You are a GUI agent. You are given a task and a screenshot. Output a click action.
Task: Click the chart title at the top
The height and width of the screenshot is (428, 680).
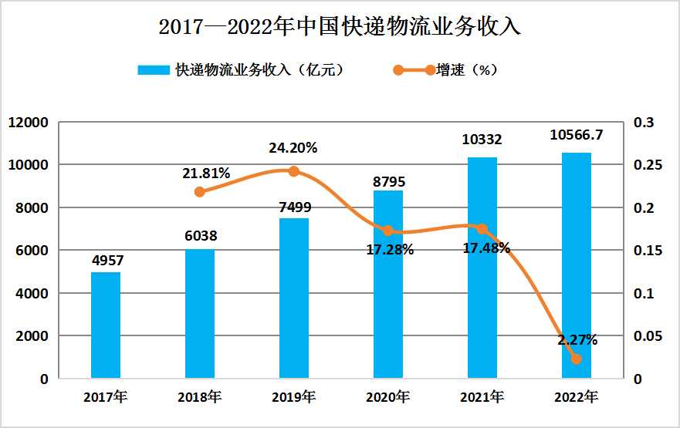pyautogui.click(x=340, y=27)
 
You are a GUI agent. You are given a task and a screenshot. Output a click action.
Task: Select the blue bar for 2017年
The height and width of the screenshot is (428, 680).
pyautogui.click(x=106, y=325)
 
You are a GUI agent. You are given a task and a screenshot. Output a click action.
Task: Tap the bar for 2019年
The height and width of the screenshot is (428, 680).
pyautogui.click(x=293, y=298)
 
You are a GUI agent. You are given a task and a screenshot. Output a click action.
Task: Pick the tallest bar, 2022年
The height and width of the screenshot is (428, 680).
pyautogui.click(x=576, y=265)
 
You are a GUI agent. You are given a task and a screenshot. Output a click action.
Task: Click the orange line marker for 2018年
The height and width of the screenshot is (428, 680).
pyautogui.click(x=200, y=191)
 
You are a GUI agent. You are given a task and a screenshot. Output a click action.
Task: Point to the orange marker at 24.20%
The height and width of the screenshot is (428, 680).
pyautogui.click(x=293, y=171)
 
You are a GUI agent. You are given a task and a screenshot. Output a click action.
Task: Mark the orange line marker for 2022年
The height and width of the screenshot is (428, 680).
pyautogui.click(x=576, y=359)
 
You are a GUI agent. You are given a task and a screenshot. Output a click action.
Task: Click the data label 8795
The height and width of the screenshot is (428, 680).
pyautogui.click(x=388, y=183)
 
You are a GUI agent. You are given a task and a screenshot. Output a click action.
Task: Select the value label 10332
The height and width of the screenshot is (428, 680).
pyautogui.click(x=482, y=140)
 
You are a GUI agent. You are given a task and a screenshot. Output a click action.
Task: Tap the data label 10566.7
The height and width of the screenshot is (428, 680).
pyautogui.click(x=576, y=135)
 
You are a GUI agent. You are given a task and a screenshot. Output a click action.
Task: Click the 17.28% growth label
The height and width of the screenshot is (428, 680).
pyautogui.click(x=390, y=249)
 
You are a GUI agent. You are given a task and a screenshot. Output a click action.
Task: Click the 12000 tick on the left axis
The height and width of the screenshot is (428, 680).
pyautogui.click(x=31, y=123)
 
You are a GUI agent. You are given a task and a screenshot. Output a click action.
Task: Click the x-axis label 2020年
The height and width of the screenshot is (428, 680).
pyautogui.click(x=387, y=398)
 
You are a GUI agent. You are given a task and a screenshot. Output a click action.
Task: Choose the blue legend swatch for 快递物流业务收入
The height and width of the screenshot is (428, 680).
pyautogui.click(x=153, y=70)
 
